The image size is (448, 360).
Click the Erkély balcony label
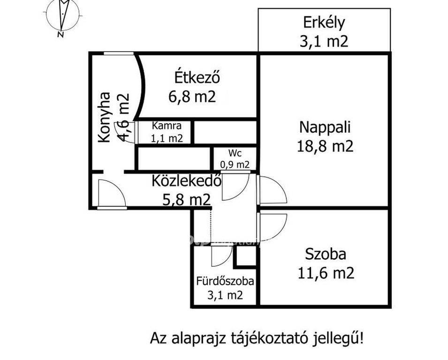point(324,22)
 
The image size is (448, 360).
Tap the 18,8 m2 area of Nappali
point(325,146)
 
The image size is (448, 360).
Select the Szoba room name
point(326,254)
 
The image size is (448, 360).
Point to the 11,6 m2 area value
point(326,273)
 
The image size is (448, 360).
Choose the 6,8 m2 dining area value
point(192,97)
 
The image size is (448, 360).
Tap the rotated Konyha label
point(104,117)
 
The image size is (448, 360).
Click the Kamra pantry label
point(167,126)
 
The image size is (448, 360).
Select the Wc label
point(235,153)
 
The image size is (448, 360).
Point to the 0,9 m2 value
point(235,165)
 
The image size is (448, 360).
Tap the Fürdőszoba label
point(225,281)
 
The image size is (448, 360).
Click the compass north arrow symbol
point(63,14)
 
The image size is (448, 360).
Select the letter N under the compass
point(61,35)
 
